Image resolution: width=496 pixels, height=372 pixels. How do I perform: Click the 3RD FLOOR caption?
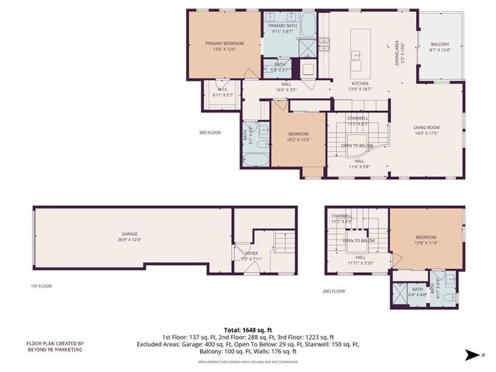click(209, 133)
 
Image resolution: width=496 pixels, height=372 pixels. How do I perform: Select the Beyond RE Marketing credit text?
click(55, 346)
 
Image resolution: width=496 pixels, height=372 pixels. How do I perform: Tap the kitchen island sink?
click(357, 55)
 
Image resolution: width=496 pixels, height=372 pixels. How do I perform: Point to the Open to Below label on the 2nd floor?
click(360, 241)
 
